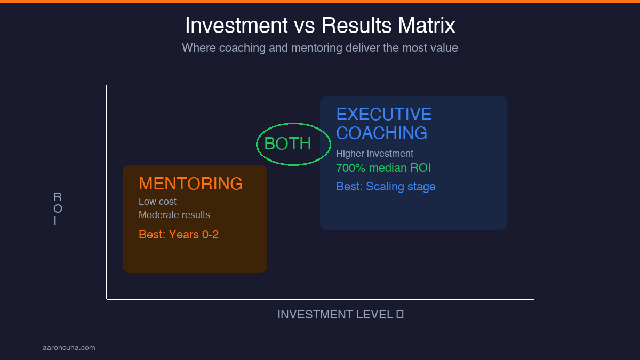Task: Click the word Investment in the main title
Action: pyautogui.click(x=233, y=26)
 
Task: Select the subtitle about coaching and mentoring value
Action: pyautogui.click(x=320, y=47)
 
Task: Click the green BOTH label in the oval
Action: pyautogui.click(x=287, y=143)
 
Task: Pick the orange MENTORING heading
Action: pyautogui.click(x=190, y=183)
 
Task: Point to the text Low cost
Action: pyautogui.click(x=157, y=202)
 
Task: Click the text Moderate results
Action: pyautogui.click(x=174, y=215)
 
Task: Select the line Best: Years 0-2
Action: pyautogui.click(x=179, y=234)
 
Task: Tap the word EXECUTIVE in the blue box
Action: pyautogui.click(x=384, y=114)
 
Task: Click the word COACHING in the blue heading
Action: pyautogui.click(x=381, y=133)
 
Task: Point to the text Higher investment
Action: pyautogui.click(x=374, y=154)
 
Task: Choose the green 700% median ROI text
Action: pyautogui.click(x=383, y=168)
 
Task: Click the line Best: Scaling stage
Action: pyautogui.click(x=386, y=187)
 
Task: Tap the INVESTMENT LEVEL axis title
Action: pyautogui.click(x=335, y=315)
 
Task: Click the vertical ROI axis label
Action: pyautogui.click(x=58, y=209)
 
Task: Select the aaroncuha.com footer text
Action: pyautogui.click(x=69, y=348)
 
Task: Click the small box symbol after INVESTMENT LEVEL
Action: pyautogui.click(x=400, y=315)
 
